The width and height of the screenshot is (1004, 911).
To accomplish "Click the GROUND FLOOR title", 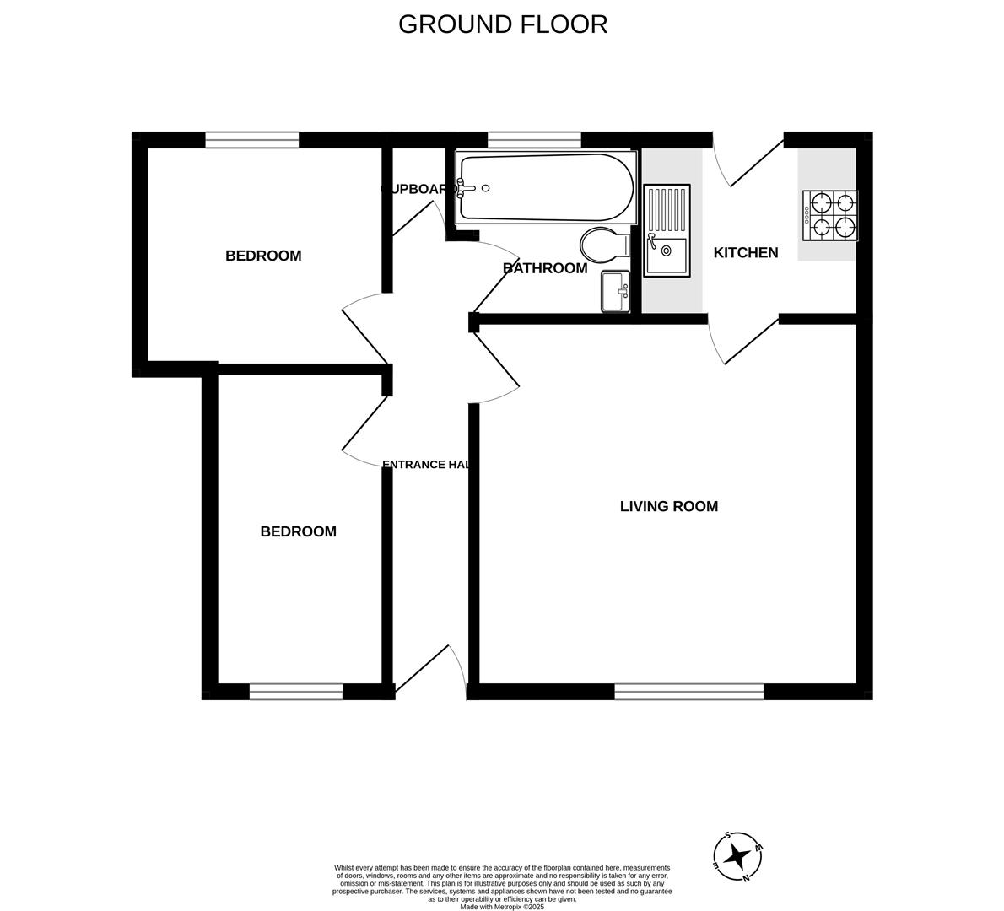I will click(502, 24).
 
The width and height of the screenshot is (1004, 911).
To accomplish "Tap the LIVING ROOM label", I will click(668, 506).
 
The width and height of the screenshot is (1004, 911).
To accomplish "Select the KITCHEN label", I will click(745, 252).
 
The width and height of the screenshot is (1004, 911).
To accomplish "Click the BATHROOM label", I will click(544, 268).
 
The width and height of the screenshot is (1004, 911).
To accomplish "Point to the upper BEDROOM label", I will click(262, 256).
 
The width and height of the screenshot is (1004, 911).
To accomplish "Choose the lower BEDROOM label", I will click(298, 531).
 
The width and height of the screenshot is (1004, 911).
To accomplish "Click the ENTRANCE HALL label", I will click(427, 464).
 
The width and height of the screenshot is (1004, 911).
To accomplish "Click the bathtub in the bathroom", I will click(545, 187).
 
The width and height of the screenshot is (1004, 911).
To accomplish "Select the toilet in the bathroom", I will click(603, 245).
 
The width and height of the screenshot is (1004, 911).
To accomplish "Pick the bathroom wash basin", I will click(615, 291).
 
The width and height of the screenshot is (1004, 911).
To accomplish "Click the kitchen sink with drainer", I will click(667, 230).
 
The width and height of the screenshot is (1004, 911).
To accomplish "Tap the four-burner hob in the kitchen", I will click(830, 215).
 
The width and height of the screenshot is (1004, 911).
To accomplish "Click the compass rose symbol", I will click(738, 856).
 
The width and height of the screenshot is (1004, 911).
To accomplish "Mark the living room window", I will click(688, 692).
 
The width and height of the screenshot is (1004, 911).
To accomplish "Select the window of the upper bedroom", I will click(251, 140).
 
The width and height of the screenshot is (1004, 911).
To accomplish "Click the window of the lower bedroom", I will click(295, 692).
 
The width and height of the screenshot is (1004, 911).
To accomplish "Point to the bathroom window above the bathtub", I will click(534, 140).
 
